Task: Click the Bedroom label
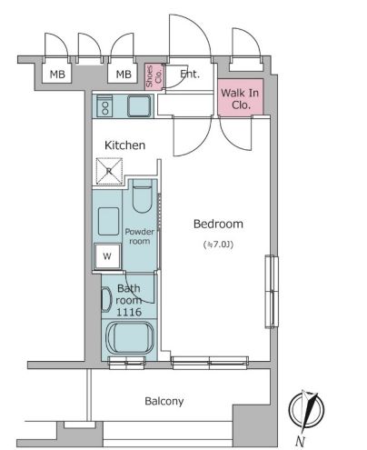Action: point(218,224)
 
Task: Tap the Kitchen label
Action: point(124,145)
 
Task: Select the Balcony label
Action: point(164,401)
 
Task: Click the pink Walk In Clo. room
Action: point(240,97)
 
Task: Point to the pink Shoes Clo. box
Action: point(154,76)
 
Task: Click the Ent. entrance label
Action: point(190,74)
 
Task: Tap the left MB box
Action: point(57,74)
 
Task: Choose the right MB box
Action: point(124,74)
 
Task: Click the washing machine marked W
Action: point(107,256)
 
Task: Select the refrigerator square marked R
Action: point(109,171)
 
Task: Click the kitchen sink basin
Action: point(139,105)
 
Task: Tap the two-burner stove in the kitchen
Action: point(104,105)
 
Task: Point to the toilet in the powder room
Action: point(142,196)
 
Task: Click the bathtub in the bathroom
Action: point(130,337)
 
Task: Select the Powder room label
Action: point(140,236)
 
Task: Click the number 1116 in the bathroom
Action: point(129,312)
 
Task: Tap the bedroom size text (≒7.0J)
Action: point(218,245)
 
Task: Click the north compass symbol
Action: point(306,410)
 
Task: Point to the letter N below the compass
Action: point(300,441)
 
